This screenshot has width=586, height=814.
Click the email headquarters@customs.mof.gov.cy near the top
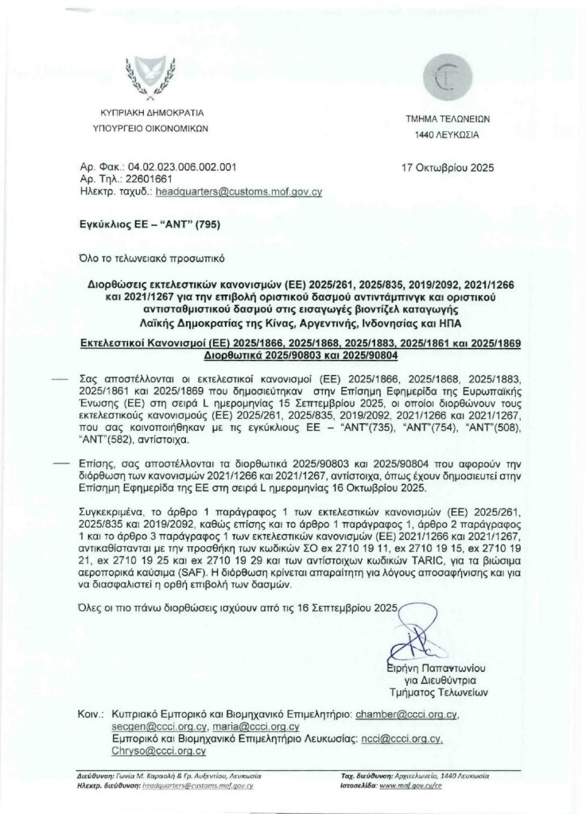pos(239,192)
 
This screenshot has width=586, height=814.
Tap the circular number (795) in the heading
pos(204,224)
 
